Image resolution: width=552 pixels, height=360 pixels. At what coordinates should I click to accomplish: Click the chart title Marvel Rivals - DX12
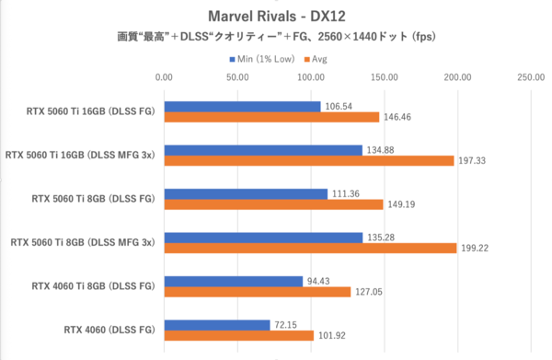tap(275, 17)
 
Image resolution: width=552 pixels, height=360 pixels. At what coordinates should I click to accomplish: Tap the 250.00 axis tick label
tap(530, 78)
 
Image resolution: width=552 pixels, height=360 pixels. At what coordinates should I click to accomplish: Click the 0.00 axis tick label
tap(164, 78)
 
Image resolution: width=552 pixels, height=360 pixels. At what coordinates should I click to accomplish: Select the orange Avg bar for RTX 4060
tap(238, 335)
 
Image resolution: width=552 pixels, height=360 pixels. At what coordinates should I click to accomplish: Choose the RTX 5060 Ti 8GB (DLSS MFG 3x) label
tap(84, 242)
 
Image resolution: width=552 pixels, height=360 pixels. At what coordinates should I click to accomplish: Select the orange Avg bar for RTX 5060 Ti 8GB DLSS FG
tap(273, 204)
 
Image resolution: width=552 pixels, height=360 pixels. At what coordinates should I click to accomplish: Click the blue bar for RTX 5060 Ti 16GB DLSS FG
tap(242, 107)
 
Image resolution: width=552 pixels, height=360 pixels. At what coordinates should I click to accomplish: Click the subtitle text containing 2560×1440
tap(275, 38)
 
